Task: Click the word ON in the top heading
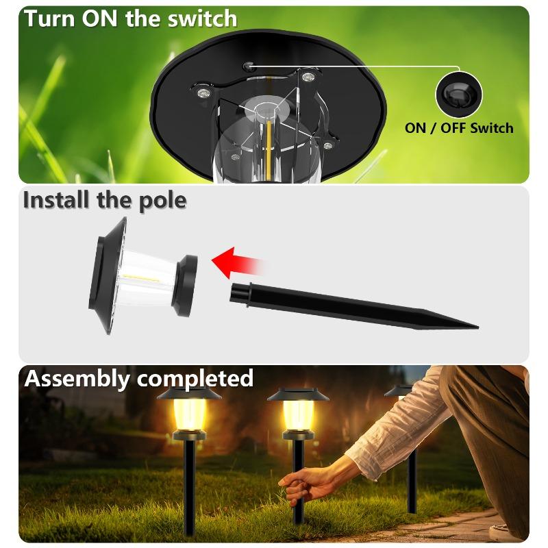coord(101,18)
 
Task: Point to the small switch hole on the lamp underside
coord(250,66)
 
